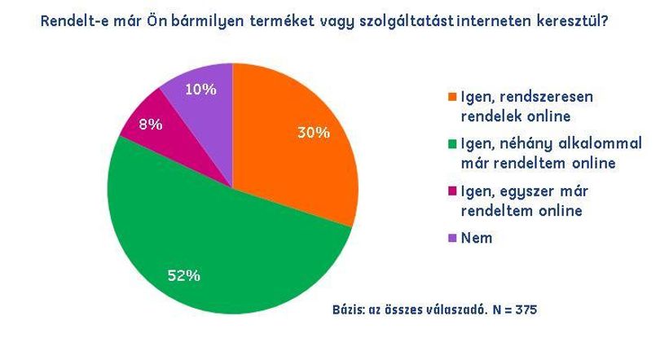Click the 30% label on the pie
tap(314, 133)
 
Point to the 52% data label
tap(184, 275)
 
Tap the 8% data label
tap(151, 124)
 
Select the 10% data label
tap(200, 89)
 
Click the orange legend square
tap(452, 97)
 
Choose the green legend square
tap(452, 144)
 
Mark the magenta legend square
tap(452, 191)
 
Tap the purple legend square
tap(452, 239)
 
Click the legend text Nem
tap(477, 238)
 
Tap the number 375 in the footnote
tap(526, 310)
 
